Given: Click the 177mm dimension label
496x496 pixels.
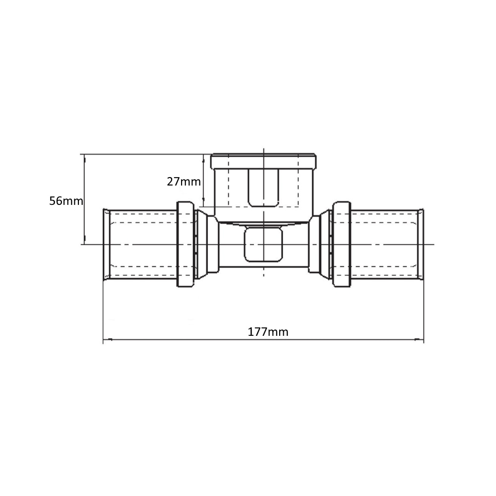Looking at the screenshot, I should (268, 331).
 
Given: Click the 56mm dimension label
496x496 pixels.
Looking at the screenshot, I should (65, 201).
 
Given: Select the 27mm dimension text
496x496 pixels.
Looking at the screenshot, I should (184, 181).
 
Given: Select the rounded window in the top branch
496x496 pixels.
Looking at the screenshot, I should (264, 187).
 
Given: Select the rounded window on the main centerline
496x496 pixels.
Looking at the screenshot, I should (264, 244).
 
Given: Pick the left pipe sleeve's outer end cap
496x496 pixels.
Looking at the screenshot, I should (106, 245).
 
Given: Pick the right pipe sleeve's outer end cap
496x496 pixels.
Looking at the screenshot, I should (421, 245).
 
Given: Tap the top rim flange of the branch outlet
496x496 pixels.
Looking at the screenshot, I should (263, 162).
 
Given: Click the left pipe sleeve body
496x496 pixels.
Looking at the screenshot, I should (141, 245).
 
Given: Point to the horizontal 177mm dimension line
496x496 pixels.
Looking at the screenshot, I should (198, 340).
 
